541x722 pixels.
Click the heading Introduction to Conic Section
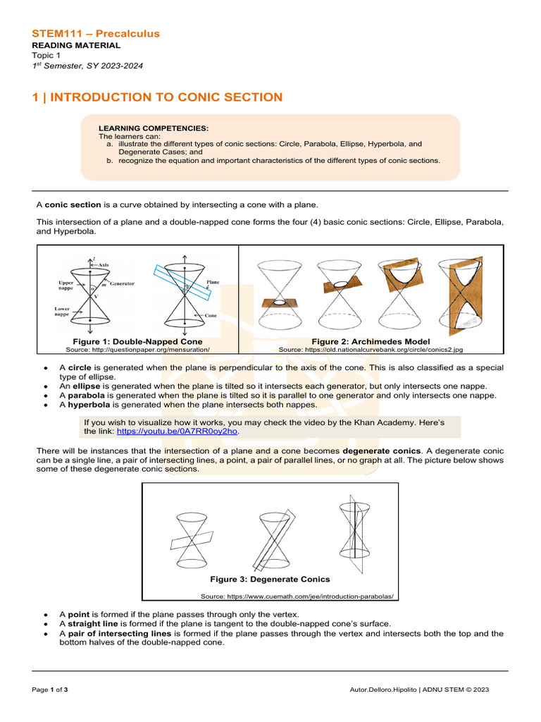157,97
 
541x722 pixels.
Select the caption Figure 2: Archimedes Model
371,341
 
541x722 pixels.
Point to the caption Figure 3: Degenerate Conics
270,580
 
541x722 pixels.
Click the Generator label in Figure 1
122,283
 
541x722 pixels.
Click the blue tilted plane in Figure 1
180,281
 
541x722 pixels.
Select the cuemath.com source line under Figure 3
297,596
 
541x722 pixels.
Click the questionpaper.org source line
137,349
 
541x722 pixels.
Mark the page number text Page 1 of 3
50,689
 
